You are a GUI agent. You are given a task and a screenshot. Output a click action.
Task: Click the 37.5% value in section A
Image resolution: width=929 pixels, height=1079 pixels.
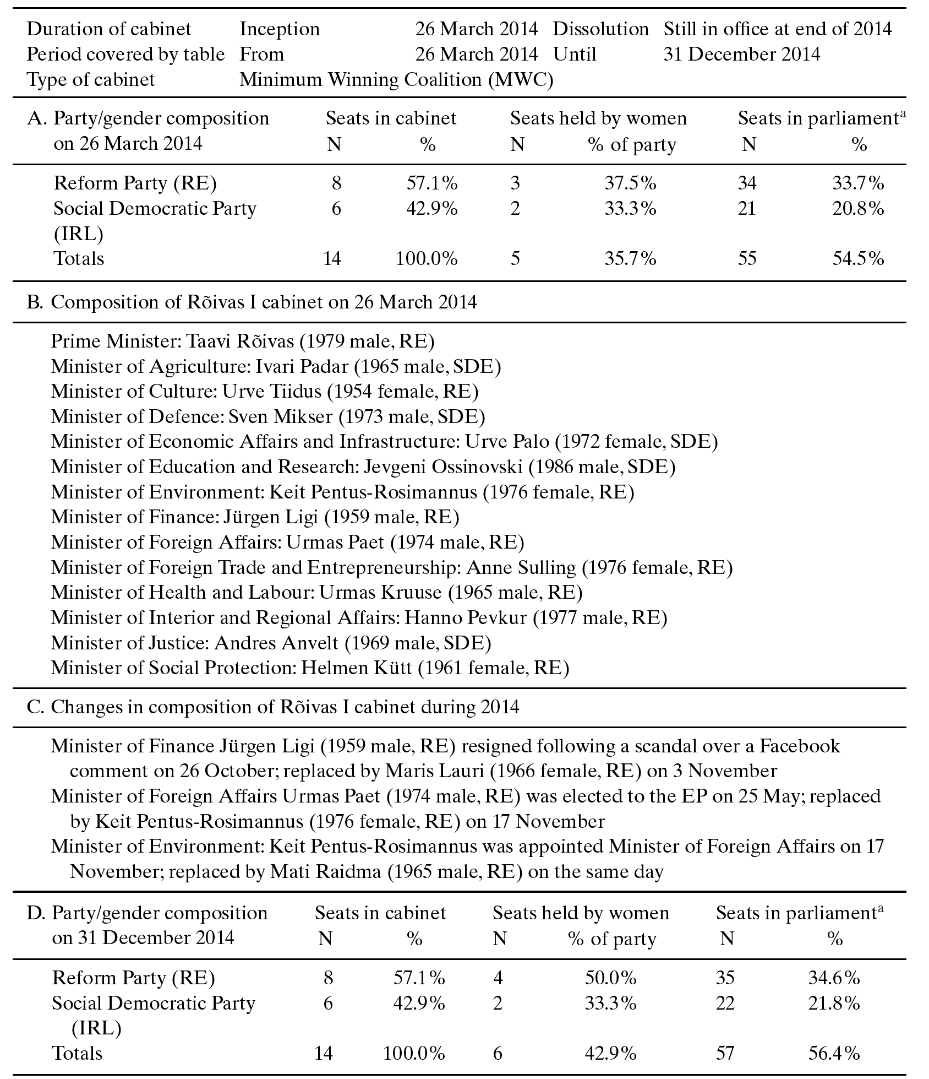[630, 183]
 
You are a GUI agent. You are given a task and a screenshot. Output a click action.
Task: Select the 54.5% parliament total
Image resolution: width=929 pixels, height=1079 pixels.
[858, 258]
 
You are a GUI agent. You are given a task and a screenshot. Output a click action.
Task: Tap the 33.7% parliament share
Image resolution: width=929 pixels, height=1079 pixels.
[858, 183]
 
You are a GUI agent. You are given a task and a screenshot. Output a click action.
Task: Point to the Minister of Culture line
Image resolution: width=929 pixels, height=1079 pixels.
[265, 392]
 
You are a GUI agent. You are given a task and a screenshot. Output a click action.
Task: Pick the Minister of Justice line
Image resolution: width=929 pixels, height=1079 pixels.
[271, 643]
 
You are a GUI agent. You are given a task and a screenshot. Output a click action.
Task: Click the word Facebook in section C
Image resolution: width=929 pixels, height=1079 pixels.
[800, 746]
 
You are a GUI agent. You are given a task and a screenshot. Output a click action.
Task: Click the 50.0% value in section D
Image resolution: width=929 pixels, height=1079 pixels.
[610, 978]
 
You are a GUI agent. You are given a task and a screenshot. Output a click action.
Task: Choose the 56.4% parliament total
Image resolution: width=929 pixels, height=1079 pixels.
[834, 1054]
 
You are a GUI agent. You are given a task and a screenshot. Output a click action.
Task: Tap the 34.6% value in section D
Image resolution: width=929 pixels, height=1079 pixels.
[834, 978]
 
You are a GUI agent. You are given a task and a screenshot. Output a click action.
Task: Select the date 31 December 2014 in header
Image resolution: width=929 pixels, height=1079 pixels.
[741, 55]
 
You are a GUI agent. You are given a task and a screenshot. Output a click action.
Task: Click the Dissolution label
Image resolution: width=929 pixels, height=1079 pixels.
[600, 29]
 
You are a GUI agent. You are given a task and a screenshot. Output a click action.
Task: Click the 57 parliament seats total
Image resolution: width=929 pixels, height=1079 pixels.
[725, 1054]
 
